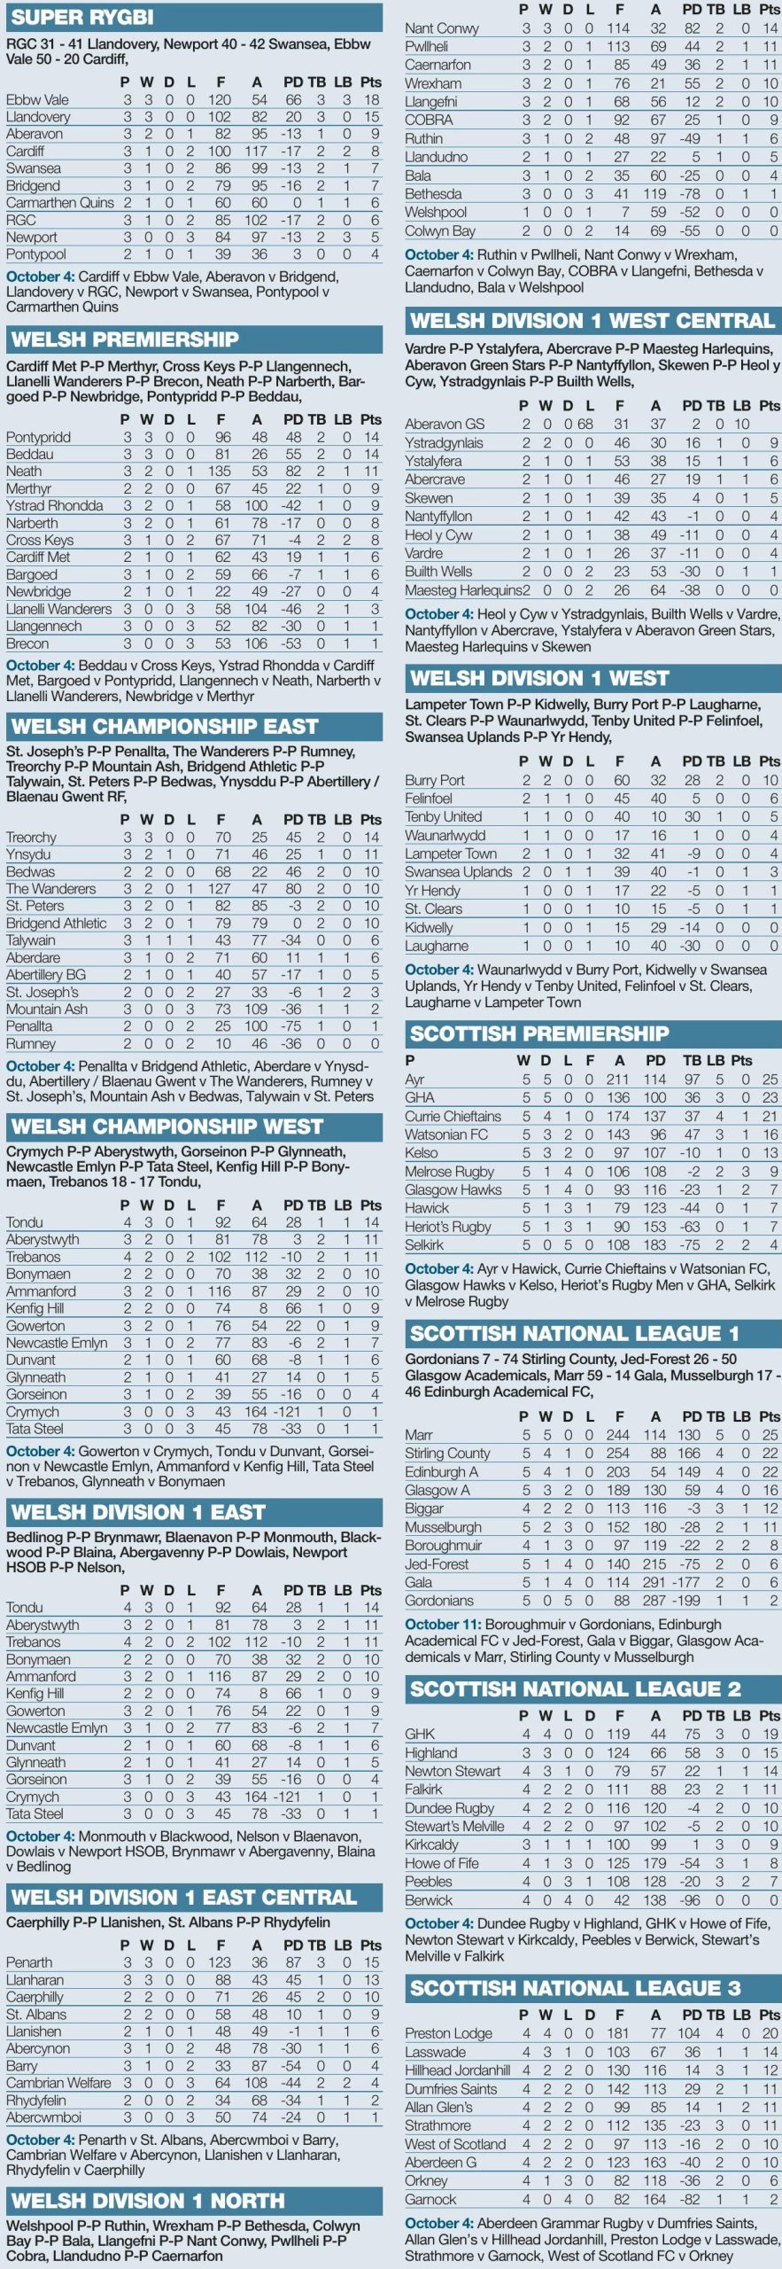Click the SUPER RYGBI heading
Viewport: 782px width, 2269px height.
click(82, 17)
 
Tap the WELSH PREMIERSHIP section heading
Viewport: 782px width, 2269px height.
click(125, 339)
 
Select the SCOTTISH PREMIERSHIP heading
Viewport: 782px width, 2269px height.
click(538, 1033)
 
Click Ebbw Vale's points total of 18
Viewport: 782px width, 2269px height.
click(372, 100)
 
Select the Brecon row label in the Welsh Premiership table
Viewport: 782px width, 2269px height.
click(27, 643)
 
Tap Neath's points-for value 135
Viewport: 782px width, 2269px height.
click(219, 472)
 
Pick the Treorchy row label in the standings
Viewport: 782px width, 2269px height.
click(31, 838)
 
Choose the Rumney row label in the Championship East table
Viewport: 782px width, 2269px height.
click(31, 1044)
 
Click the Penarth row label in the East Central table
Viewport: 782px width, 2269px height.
click(29, 1962)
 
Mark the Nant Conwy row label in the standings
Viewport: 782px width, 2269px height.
click(441, 28)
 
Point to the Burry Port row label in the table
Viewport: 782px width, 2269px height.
click(435, 780)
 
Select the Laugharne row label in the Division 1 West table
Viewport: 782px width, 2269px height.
click(437, 946)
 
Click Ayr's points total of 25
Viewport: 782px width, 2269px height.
click(770, 1080)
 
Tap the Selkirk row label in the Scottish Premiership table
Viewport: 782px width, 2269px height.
click(424, 1245)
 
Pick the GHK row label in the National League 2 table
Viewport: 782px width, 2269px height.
click(420, 1734)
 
